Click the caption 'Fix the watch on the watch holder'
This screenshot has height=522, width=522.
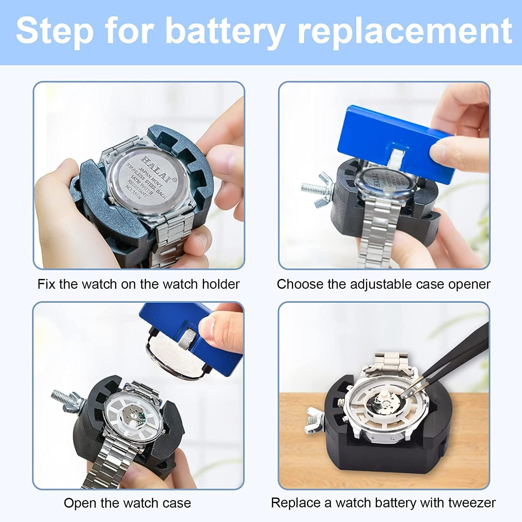point(139,284)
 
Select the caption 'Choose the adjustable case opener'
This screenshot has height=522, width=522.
point(383,284)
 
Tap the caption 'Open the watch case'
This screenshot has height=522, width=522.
point(127,503)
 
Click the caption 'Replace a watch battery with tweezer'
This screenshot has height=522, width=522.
point(383,503)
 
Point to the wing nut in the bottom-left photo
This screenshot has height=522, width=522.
point(71,400)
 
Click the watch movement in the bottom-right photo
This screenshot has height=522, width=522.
point(383,405)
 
